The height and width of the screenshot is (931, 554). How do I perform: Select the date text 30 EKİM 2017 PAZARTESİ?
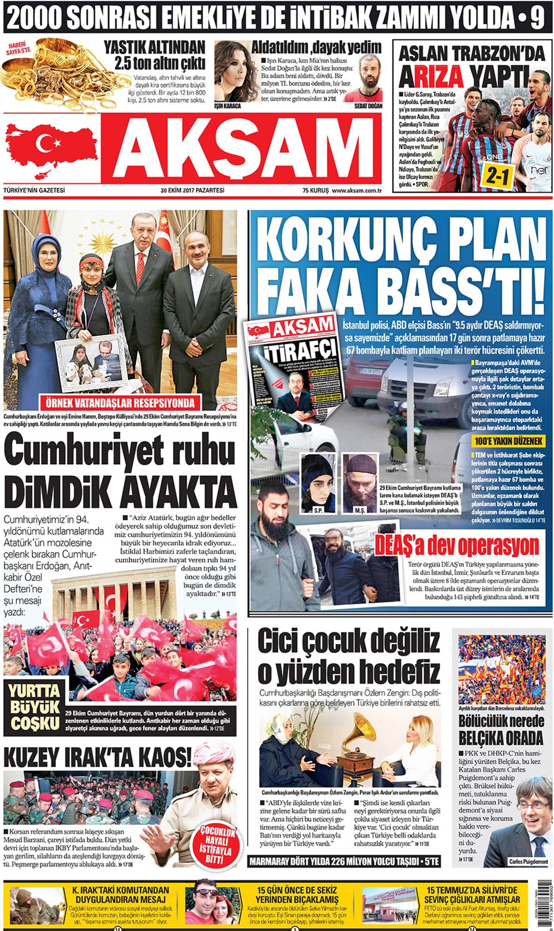pos(192,190)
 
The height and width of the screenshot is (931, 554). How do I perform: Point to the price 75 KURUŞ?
pos(315,190)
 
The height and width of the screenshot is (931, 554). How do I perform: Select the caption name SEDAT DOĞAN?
pos(368,107)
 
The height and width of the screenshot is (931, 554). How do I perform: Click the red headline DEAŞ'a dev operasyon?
pos(457,545)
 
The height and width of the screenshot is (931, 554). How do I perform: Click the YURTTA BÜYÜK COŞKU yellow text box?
pos(34,707)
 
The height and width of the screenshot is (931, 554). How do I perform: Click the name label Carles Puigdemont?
pos(528,862)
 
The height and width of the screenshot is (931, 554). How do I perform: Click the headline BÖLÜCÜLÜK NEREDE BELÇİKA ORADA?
pos(501,730)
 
